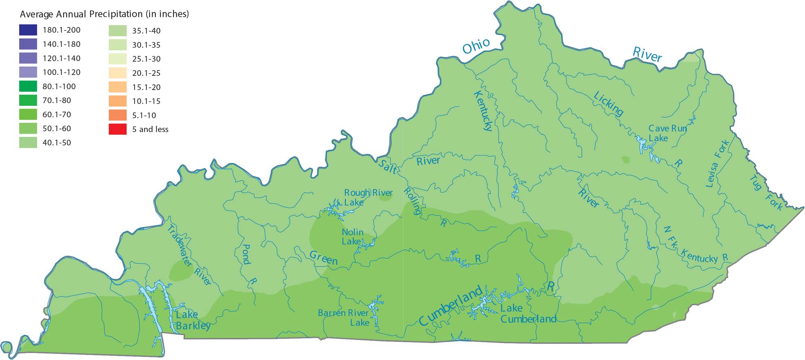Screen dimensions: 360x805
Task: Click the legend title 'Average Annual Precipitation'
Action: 104,14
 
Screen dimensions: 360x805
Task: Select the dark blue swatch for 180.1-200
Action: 28,30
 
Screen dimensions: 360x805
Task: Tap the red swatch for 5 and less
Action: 117,129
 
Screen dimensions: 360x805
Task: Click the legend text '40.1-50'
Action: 57,143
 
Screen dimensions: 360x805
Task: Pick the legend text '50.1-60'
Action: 57,128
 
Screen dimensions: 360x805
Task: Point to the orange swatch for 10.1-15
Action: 117,101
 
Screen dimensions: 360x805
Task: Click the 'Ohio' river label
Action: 475,46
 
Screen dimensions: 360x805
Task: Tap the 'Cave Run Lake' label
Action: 667,133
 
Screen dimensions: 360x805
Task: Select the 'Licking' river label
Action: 608,104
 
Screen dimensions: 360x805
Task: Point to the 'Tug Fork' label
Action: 766,193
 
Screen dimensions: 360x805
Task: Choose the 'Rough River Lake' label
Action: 368,197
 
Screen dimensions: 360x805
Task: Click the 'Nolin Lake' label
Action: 352,237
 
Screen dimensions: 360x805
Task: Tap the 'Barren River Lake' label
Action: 343,318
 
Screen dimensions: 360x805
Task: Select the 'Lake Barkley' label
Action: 192,320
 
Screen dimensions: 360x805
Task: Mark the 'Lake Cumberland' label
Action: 528,314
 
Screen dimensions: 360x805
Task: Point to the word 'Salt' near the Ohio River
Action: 387,166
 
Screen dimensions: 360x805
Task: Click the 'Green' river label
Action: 323,258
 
